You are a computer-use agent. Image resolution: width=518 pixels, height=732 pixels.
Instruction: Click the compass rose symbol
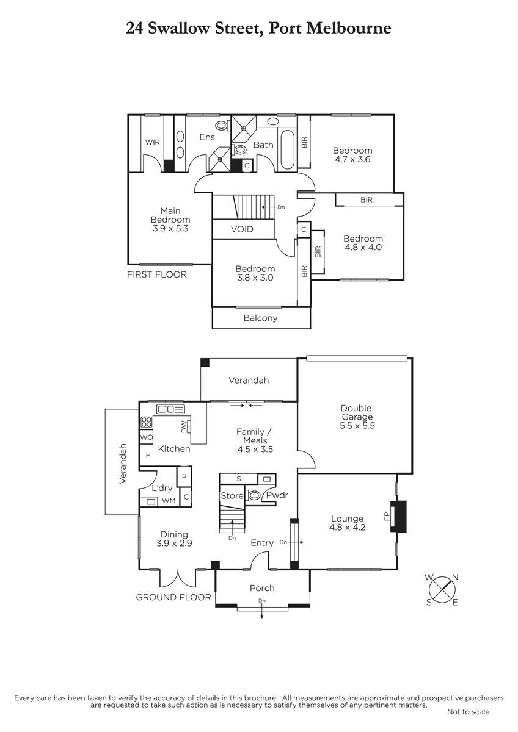point(442,589)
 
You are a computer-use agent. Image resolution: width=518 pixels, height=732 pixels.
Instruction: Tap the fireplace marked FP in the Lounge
point(398,516)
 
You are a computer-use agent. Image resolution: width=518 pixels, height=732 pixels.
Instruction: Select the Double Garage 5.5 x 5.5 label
point(357,417)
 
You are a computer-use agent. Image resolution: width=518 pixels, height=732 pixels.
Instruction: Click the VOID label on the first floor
point(242,229)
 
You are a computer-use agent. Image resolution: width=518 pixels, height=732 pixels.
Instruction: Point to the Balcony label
point(260,318)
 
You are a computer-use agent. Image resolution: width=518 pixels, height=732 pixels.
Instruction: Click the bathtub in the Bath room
point(287,149)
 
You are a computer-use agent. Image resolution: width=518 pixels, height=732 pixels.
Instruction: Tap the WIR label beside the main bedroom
point(153,142)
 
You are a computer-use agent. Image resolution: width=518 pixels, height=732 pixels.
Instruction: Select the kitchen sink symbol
point(170,409)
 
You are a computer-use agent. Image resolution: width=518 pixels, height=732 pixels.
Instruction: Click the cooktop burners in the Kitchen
point(146,423)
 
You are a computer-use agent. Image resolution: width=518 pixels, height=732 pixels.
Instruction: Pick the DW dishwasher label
point(184,426)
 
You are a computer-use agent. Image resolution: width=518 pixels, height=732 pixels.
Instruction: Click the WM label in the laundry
point(169,501)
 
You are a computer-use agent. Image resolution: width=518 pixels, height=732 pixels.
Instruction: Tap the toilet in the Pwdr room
point(254,495)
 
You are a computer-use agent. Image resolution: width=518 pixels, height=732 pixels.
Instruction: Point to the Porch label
point(262,588)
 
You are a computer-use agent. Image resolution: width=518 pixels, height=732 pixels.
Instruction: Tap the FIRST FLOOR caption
point(157,274)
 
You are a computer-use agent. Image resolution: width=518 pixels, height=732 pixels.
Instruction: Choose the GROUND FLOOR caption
point(173,597)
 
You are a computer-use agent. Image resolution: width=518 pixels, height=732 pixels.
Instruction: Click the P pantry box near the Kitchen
point(184,477)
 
